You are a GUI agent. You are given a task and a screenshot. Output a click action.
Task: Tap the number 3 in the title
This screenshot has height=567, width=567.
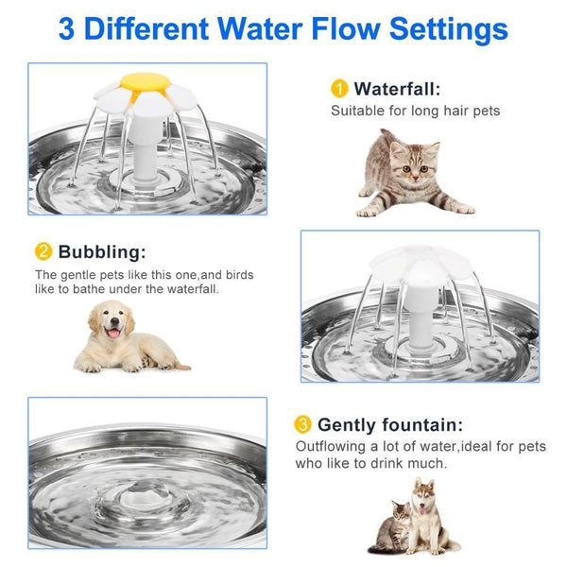coord(67,28)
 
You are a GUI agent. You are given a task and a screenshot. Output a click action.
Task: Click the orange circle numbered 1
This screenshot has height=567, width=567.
coord(338,89)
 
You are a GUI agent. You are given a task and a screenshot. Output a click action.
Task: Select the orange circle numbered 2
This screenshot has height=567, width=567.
coord(43,251)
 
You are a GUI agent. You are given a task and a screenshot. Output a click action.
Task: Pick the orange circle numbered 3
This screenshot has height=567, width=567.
coord(303,423)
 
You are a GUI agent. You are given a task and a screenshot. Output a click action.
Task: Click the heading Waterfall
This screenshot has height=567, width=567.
coord(397,89)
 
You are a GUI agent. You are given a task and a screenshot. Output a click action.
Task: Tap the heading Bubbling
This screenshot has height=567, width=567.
coord(102,251)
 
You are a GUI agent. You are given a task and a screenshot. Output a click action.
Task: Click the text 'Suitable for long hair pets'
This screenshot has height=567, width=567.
coord(415,112)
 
